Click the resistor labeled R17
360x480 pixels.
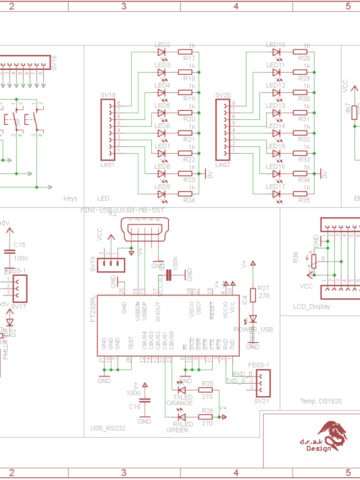[186, 52]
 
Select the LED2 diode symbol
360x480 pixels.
[163, 52]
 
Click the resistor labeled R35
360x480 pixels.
[301, 194]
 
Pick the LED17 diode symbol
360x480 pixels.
[277, 194]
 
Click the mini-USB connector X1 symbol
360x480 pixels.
[143, 230]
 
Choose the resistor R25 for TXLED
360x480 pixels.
[206, 389]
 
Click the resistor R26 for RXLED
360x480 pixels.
[206, 417]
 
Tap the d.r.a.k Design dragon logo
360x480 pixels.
[332, 434]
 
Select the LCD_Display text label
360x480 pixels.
[312, 307]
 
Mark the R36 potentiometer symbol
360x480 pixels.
[313, 261]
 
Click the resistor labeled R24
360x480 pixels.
[186, 194]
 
